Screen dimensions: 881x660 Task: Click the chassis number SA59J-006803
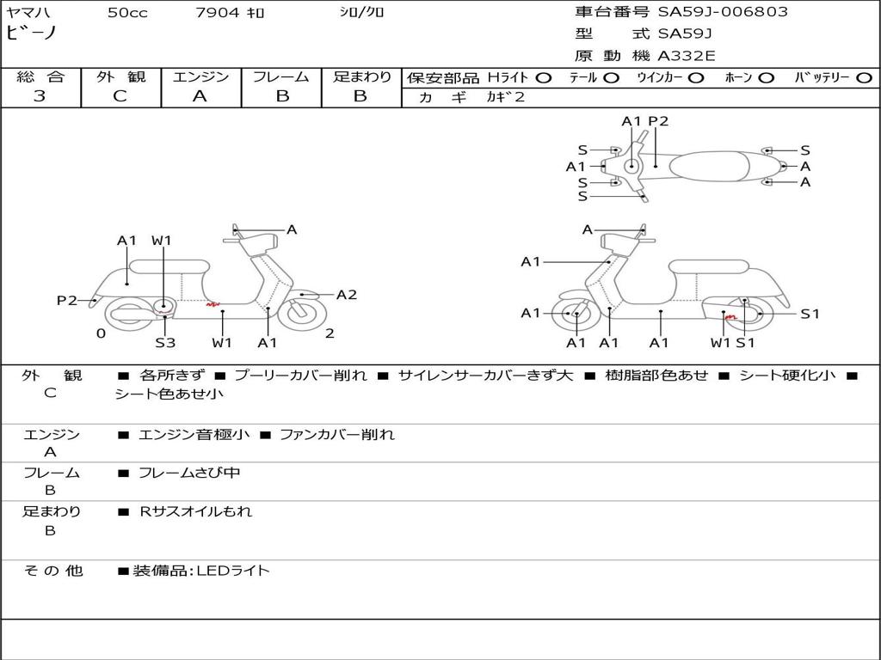point(723,12)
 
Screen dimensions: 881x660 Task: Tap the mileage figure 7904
point(218,12)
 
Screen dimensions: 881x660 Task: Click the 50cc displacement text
point(127,12)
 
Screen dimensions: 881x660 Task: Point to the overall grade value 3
point(40,96)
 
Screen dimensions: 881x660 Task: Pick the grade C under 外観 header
point(120,96)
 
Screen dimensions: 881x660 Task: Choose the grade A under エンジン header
point(200,96)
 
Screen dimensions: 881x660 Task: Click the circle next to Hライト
point(544,78)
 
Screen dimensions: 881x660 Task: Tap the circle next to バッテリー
point(864,78)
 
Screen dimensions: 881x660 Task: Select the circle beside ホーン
point(766,78)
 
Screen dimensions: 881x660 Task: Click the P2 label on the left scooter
point(67,300)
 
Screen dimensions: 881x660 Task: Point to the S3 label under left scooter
point(165,342)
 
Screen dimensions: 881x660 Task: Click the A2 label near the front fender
point(347,295)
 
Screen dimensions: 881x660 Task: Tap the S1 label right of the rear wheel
point(810,314)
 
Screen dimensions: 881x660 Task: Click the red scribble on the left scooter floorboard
point(213,305)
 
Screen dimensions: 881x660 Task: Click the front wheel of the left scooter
point(302,315)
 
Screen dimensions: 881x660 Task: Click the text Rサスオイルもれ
point(195,511)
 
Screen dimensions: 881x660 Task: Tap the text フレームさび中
point(189,474)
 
